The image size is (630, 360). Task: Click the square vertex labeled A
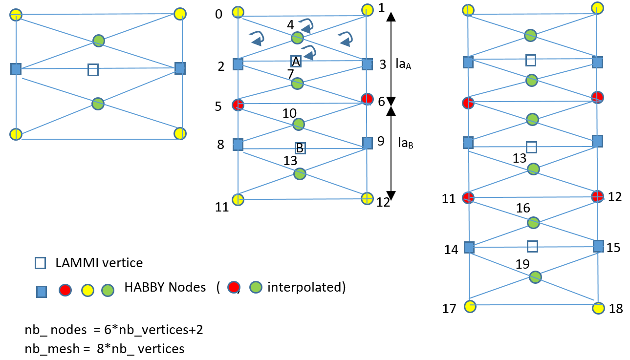(x=296, y=61)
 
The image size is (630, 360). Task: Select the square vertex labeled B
(x=300, y=148)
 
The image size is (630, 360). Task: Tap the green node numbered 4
(x=297, y=38)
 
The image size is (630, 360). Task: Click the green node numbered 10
(x=299, y=124)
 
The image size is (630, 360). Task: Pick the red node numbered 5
(x=238, y=105)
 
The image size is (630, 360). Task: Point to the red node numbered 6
(x=367, y=99)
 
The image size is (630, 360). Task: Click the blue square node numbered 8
(x=238, y=145)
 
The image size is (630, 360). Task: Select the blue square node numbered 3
(x=368, y=64)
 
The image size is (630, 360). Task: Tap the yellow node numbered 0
(x=238, y=12)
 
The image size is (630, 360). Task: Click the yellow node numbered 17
(x=470, y=306)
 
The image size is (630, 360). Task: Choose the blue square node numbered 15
(x=598, y=246)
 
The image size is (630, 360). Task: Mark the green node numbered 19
(x=535, y=277)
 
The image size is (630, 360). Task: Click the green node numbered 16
(x=533, y=223)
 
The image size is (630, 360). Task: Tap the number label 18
(x=616, y=309)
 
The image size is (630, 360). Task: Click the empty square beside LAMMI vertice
(x=40, y=263)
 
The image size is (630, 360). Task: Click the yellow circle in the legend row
(x=87, y=290)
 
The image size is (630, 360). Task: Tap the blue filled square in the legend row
(x=42, y=292)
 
